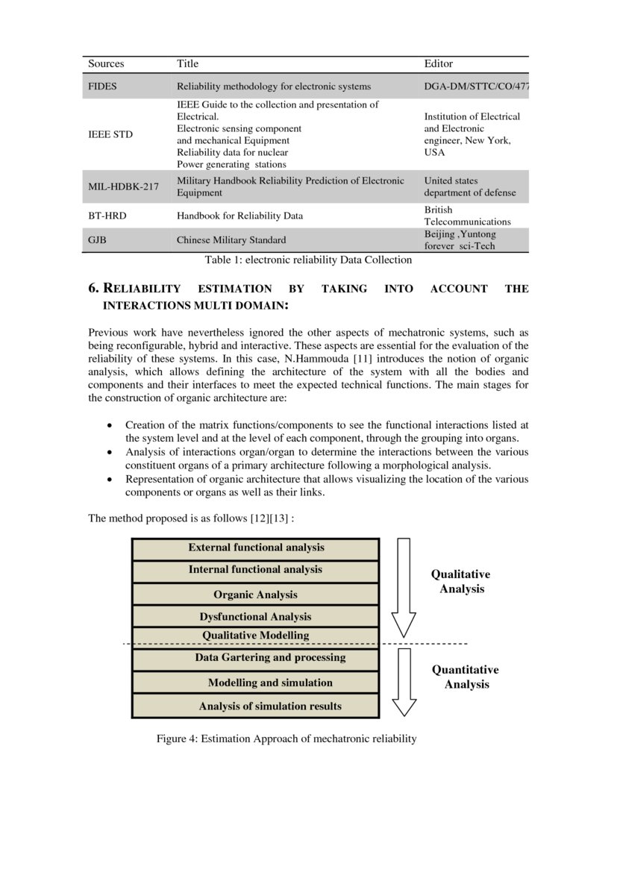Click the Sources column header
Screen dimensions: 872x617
[106, 64]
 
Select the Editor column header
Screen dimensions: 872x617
[438, 64]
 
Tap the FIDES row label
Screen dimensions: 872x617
[102, 87]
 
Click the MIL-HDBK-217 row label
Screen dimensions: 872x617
[123, 186]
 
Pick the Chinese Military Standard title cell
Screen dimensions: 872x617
[231, 240]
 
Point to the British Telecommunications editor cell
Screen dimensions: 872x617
[467, 216]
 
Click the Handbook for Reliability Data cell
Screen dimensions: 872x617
[239, 216]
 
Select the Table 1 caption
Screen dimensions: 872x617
[308, 260]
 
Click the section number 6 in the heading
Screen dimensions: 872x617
[93, 288]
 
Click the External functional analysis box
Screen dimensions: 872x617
[256, 548]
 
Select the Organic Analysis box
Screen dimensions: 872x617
[256, 595]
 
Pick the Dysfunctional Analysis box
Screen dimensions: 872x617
[256, 617]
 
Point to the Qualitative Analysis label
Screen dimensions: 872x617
[461, 582]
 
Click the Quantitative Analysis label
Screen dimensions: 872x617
[466, 677]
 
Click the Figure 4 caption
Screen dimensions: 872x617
[286, 738]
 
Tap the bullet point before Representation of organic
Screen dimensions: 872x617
[110, 480]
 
